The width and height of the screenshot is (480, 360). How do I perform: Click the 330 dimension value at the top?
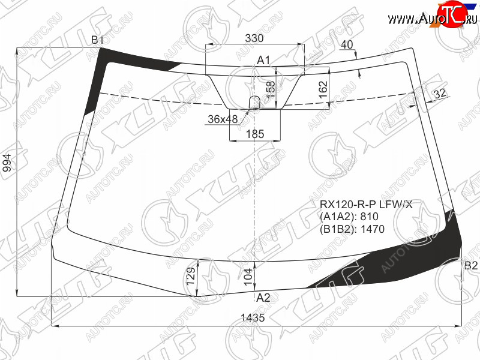(254, 38)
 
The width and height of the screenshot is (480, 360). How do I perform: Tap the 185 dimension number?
(255, 134)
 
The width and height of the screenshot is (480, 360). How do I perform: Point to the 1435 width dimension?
(253, 317)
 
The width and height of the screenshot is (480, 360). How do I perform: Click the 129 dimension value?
(191, 276)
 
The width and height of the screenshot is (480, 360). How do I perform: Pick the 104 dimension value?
(248, 277)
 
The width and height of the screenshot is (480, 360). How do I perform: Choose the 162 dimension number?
(323, 89)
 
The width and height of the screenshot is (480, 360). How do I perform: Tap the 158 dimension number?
(271, 89)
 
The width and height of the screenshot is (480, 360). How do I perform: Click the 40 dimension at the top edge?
(347, 44)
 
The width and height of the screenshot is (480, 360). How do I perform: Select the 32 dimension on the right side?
(440, 94)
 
